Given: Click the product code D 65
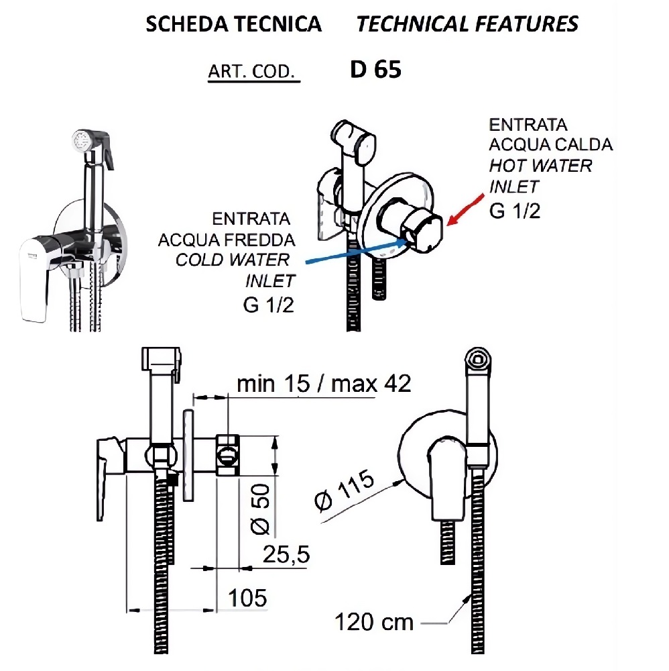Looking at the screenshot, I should [375, 70].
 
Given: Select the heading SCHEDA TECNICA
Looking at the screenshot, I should [233, 25].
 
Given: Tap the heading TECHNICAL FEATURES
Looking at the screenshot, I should [467, 25].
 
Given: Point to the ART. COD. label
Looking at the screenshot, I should [252, 72].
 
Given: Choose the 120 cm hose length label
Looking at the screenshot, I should [374, 622].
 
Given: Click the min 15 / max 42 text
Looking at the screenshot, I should [324, 384].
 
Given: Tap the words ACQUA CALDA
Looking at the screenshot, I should [550, 144].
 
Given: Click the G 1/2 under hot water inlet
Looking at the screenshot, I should [515, 210].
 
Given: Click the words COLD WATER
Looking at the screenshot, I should [233, 260].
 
